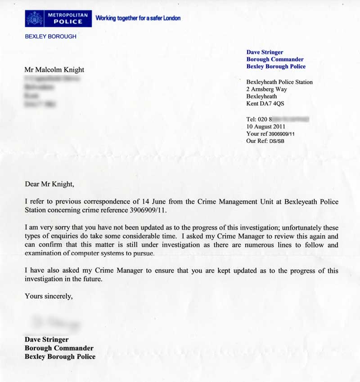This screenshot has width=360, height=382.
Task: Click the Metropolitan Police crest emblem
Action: pyautogui.click(x=35, y=19)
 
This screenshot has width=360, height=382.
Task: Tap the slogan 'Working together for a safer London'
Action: pyautogui.click(x=138, y=18)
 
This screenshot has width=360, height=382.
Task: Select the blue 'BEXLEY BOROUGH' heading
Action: pyautogui.click(x=50, y=36)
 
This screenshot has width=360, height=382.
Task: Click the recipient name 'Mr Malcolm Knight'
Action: pyautogui.click(x=54, y=70)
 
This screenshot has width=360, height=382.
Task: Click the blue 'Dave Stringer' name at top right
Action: pyautogui.click(x=265, y=52)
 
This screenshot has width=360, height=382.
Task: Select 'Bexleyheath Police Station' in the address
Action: pyautogui.click(x=279, y=82)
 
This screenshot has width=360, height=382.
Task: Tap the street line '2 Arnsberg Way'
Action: pyautogui.click(x=266, y=89)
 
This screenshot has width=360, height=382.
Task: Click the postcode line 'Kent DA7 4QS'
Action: pyautogui.click(x=265, y=104)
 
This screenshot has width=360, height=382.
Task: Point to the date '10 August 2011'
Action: pyautogui.click(x=266, y=127)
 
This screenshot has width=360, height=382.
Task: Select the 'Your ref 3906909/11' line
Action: pyautogui.click(x=270, y=134)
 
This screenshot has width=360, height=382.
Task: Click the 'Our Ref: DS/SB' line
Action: pyautogui.click(x=265, y=141)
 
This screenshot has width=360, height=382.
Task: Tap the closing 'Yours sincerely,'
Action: pyautogui.click(x=48, y=296)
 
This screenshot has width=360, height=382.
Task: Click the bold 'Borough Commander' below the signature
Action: pyautogui.click(x=59, y=348)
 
